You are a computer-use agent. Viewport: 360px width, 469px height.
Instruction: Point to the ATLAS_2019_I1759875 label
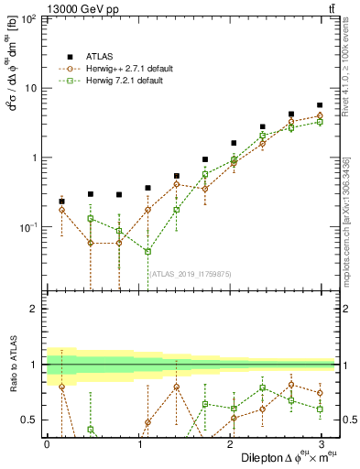[191, 273]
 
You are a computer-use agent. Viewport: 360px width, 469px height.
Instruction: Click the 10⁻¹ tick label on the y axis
[27, 226]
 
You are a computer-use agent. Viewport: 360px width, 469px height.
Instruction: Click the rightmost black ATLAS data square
[320, 105]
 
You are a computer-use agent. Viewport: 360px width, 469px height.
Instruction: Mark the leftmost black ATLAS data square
[61, 202]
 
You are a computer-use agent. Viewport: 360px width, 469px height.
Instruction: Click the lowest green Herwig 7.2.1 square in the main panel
[147, 251]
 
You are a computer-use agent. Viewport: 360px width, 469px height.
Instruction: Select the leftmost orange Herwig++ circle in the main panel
[61, 210]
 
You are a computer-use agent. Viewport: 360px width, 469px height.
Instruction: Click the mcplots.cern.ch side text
[348, 221]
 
